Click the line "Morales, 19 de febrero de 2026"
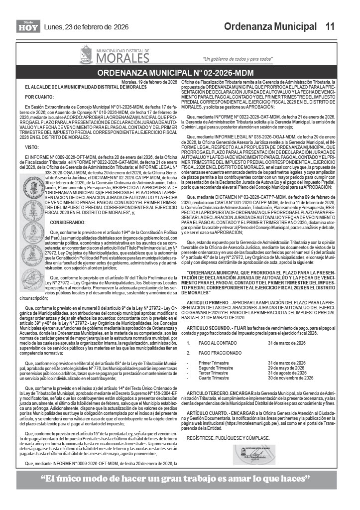click(149, 82)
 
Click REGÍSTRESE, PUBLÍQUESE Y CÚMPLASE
click(220, 437)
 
